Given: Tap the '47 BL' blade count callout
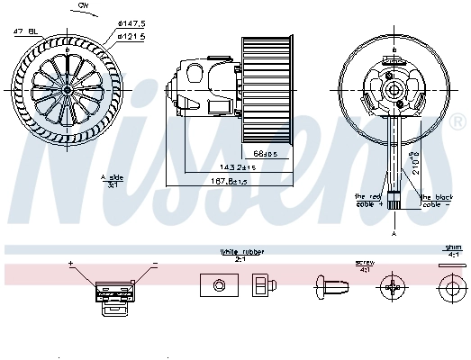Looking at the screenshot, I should tap(24, 31).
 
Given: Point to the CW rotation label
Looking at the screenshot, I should tap(83, 5).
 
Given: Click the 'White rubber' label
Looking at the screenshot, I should tap(241, 253).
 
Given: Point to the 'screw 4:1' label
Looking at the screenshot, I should tap(364, 266).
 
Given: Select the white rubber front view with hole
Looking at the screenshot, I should tap(218, 286).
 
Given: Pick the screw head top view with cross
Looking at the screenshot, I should tap(393, 288).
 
